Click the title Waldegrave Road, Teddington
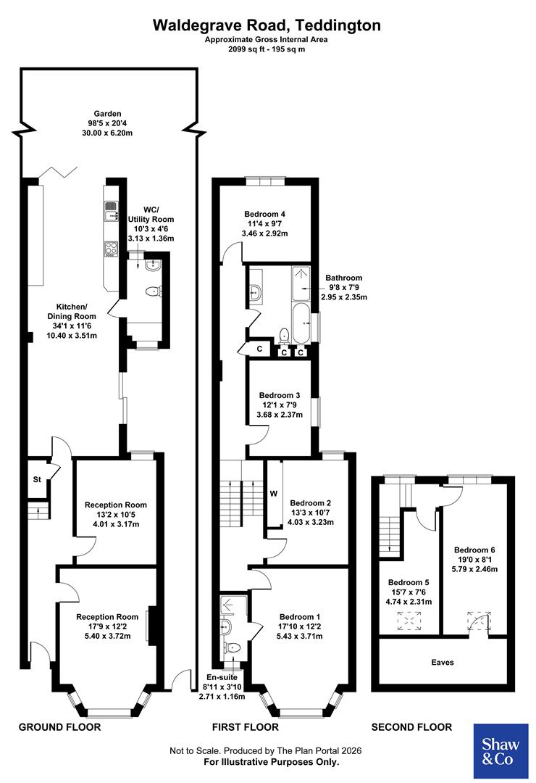[267, 25]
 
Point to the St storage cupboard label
[36, 479]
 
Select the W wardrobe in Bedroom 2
[274, 494]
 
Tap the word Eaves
[443, 662]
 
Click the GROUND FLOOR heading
[59, 726]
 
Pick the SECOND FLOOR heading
[411, 726]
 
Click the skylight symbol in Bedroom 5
[410, 621]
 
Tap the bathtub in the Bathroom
[301, 321]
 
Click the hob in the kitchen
[111, 248]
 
